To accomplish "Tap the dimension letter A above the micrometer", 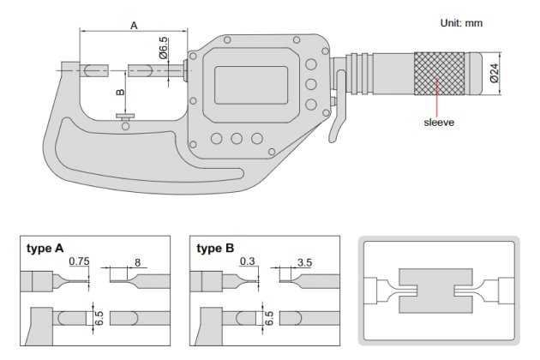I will coord(134,26).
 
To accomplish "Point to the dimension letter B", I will coord(120,92).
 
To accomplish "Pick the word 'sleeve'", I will coord(439,122).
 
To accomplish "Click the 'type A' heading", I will coord(46,249).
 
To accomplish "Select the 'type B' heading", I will coord(214,249).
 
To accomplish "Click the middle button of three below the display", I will coord(237,138).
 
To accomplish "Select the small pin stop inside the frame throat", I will coord(126,117).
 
